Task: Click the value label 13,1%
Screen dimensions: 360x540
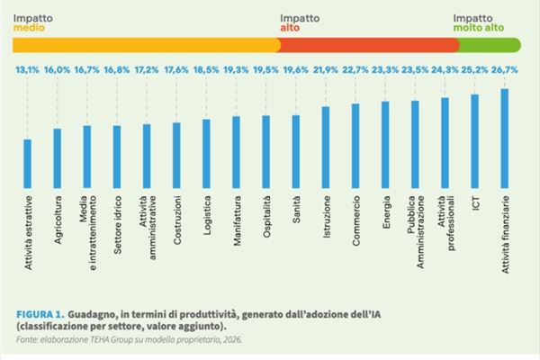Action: [27, 69]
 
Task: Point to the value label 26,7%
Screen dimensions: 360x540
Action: [505, 69]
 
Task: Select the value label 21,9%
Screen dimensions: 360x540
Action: [326, 69]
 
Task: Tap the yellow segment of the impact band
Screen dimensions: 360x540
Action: [144, 43]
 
